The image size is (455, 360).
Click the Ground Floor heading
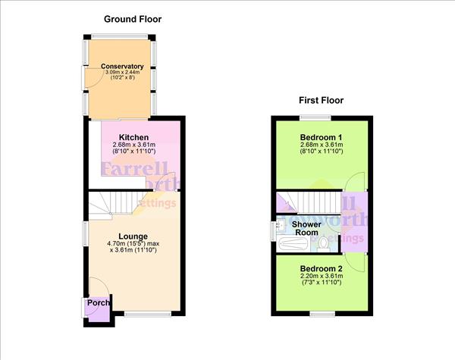coord(133,19)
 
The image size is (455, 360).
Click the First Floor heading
coord(322,100)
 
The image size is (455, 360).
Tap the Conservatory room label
coord(122,67)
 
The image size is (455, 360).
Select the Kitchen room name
coord(133,136)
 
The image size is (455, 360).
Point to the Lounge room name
coord(133,236)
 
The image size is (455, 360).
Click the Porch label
coord(98,303)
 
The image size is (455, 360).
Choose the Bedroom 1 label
coord(322,136)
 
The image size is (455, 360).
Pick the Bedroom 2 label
coord(322,268)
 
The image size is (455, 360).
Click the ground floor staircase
coord(114,203)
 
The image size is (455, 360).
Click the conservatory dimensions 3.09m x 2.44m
coord(122,73)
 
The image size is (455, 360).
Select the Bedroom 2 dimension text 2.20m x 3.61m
coord(322,277)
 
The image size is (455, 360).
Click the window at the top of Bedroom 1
coord(314,117)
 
